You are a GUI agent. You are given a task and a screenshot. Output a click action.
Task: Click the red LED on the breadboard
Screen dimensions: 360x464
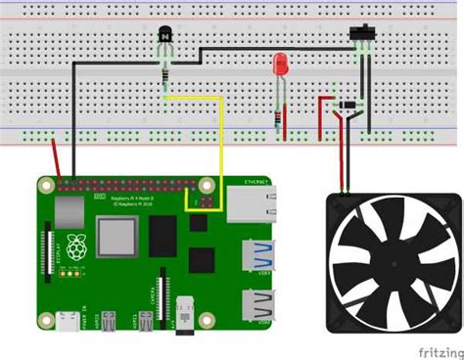(x=282, y=67)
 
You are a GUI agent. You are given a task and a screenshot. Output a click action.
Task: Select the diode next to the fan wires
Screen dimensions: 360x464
(x=348, y=105)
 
